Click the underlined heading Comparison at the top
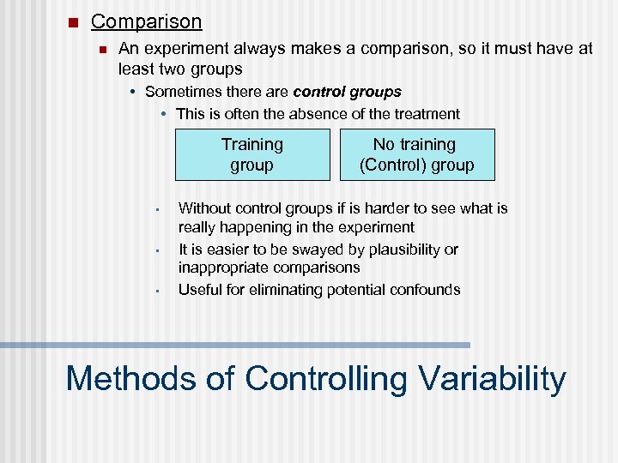point(146,21)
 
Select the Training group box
point(251,155)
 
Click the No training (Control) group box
point(416,155)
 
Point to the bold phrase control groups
point(347,91)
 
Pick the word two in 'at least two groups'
point(175,69)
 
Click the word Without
point(204,208)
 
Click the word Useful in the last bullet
point(200,290)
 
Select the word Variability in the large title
point(493,378)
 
